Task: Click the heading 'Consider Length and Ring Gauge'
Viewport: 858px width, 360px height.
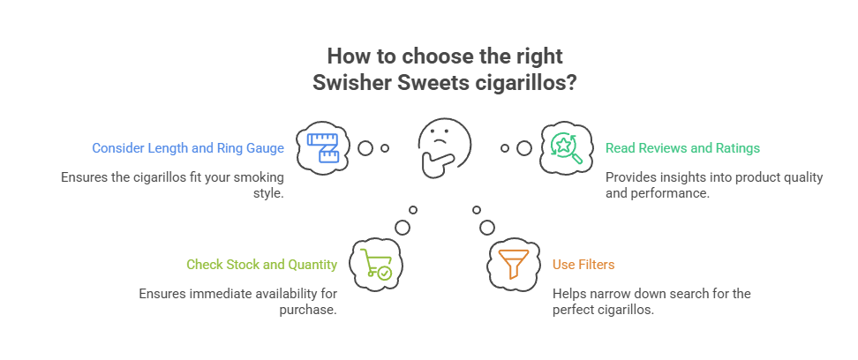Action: coord(188,148)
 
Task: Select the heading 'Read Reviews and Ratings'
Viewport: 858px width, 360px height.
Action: coord(682,148)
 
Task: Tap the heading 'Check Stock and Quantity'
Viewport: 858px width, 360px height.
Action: coord(261,264)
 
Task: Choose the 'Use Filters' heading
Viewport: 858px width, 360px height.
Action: coord(583,264)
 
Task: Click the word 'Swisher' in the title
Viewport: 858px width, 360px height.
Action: coord(350,83)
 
